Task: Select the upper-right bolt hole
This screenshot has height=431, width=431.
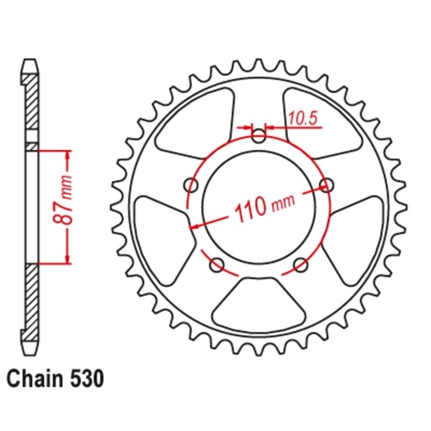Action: pos(327,184)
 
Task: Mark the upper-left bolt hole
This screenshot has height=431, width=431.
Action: pos(191,184)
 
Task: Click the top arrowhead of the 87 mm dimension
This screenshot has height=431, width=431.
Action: pos(66,155)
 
